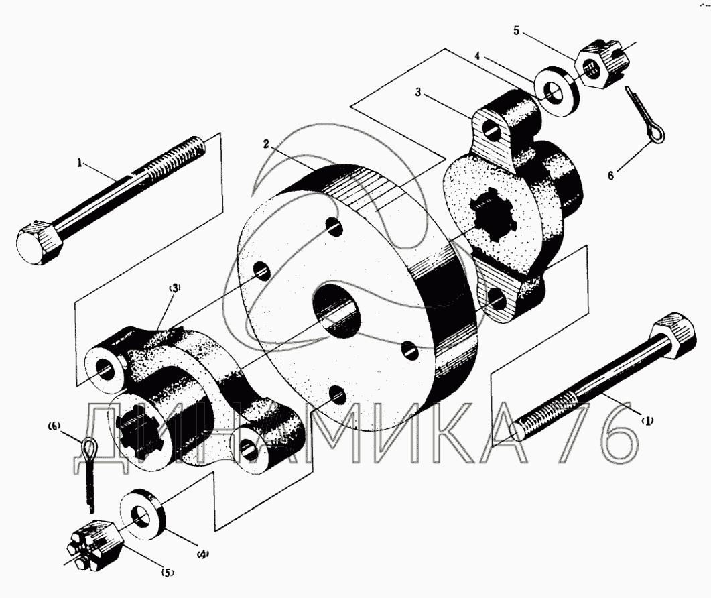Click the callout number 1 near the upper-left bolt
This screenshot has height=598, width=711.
tap(80, 163)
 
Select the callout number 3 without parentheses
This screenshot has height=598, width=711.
tap(418, 92)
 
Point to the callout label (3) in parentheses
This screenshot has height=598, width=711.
tap(175, 288)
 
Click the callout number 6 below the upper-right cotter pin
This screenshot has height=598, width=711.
tap(610, 175)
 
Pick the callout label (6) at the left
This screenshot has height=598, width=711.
tap(54, 426)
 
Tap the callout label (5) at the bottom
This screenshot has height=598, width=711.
tap(167, 572)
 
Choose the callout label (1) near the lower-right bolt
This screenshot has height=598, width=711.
tap(647, 421)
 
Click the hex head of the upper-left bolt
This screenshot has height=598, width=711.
tap(40, 243)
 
